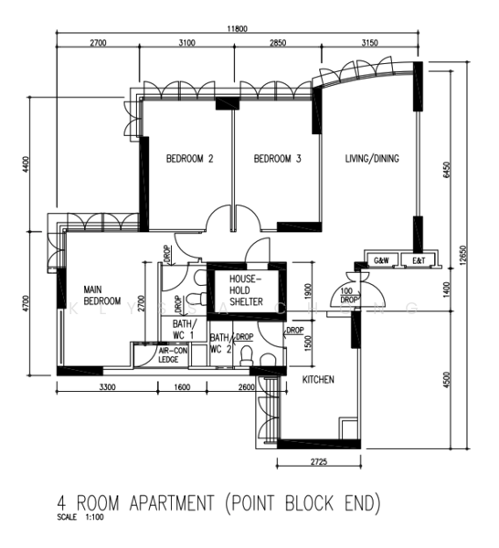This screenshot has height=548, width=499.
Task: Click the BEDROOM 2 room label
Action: click(189, 159)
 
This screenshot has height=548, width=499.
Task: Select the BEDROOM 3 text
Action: click(277, 159)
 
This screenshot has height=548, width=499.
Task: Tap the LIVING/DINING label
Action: click(372, 159)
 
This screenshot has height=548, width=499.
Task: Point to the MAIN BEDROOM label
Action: click(102, 293)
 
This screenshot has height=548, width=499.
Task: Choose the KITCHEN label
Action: click(318, 379)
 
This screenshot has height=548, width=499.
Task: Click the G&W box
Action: click(381, 260)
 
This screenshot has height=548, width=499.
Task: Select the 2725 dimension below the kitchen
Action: click(318, 463)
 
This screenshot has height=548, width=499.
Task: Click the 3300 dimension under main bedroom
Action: click(107, 388)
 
